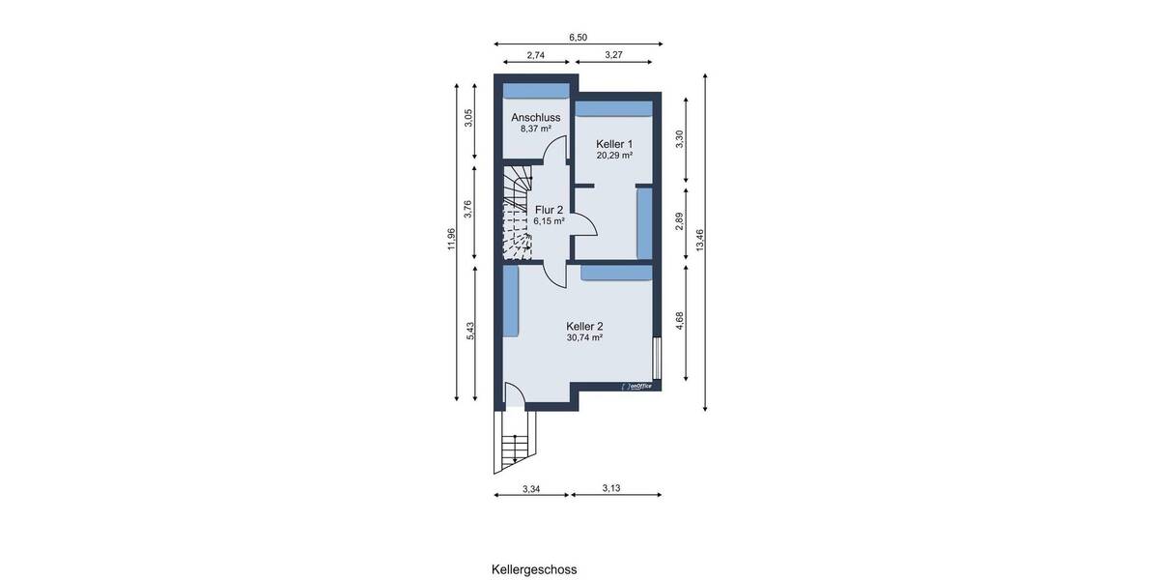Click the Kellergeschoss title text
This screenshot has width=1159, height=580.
[x=534, y=569]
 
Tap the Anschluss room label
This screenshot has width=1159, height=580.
[x=535, y=117]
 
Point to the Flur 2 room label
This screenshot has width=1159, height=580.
[x=549, y=209]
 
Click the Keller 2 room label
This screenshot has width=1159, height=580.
[x=584, y=326]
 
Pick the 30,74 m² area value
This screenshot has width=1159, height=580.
[x=584, y=338]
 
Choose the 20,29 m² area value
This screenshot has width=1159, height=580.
[x=614, y=155]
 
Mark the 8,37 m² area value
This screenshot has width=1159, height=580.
[x=535, y=129]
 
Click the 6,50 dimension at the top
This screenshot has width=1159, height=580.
[x=578, y=37]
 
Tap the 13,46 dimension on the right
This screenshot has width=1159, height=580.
[x=700, y=240]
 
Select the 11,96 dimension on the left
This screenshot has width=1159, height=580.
[x=450, y=240]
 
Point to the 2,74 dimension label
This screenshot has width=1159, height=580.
[x=535, y=56]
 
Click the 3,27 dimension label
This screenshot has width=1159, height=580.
[x=613, y=56]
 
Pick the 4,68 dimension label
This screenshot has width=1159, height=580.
[x=680, y=321]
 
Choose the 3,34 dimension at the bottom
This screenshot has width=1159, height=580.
[x=530, y=489]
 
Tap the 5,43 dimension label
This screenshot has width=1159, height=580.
[x=470, y=331]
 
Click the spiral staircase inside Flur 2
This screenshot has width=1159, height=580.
[x=518, y=215]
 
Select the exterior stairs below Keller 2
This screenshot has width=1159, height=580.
[x=516, y=442]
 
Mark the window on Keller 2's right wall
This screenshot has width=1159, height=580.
[x=657, y=359]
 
